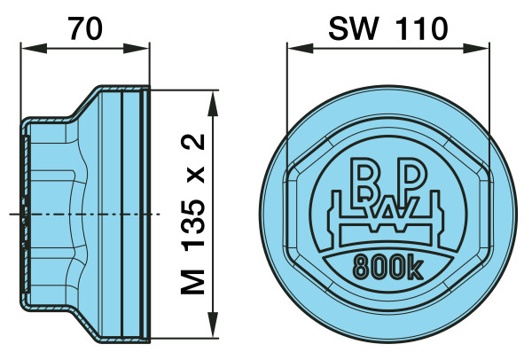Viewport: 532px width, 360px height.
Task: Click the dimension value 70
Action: (85, 28)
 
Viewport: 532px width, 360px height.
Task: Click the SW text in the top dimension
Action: (353, 29)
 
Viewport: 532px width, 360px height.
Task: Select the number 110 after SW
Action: (422, 29)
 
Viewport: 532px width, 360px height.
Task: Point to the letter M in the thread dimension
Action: (193, 282)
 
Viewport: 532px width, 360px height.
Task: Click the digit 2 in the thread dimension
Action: (193, 142)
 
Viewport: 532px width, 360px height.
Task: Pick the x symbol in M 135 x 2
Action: (195, 175)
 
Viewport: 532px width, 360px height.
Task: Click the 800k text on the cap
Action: (388, 267)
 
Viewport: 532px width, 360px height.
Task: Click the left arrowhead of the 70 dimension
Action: (34, 48)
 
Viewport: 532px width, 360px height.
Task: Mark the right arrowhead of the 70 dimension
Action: (136, 48)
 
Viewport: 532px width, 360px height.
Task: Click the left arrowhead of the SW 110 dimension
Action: (300, 48)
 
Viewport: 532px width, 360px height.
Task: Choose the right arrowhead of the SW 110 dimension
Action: (476, 48)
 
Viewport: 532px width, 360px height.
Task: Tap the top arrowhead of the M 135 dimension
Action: (213, 103)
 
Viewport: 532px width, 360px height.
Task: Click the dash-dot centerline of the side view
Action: (84, 214)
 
